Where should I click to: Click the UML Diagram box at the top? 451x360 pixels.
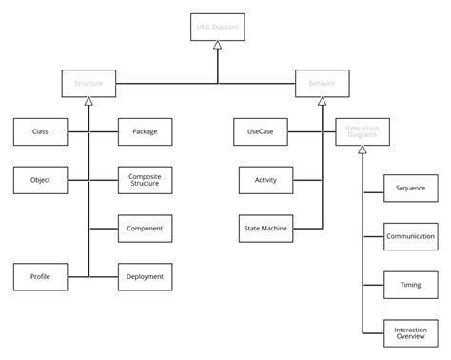[217, 28]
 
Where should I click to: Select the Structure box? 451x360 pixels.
[88, 84]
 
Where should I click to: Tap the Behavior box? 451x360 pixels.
[322, 84]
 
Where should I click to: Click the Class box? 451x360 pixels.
[40, 131]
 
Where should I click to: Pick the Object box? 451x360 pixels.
[40, 180]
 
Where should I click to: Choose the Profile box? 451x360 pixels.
[40, 276]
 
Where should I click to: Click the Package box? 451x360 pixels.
[145, 131]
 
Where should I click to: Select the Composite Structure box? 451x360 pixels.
[145, 180]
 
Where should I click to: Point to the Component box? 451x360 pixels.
[145, 229]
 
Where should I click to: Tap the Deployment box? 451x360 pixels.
[145, 276]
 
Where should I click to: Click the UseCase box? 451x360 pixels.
[260, 131]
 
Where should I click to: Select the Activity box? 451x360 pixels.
[265, 180]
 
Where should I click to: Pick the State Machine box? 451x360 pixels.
[265, 229]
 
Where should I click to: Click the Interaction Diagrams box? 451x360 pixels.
[363, 131]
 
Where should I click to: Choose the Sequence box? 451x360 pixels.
[410, 188]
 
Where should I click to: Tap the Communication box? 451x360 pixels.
[410, 236]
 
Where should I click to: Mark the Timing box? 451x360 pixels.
[410, 284]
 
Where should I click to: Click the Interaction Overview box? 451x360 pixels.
[410, 332]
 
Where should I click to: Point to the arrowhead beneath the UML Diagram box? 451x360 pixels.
[217, 46]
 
